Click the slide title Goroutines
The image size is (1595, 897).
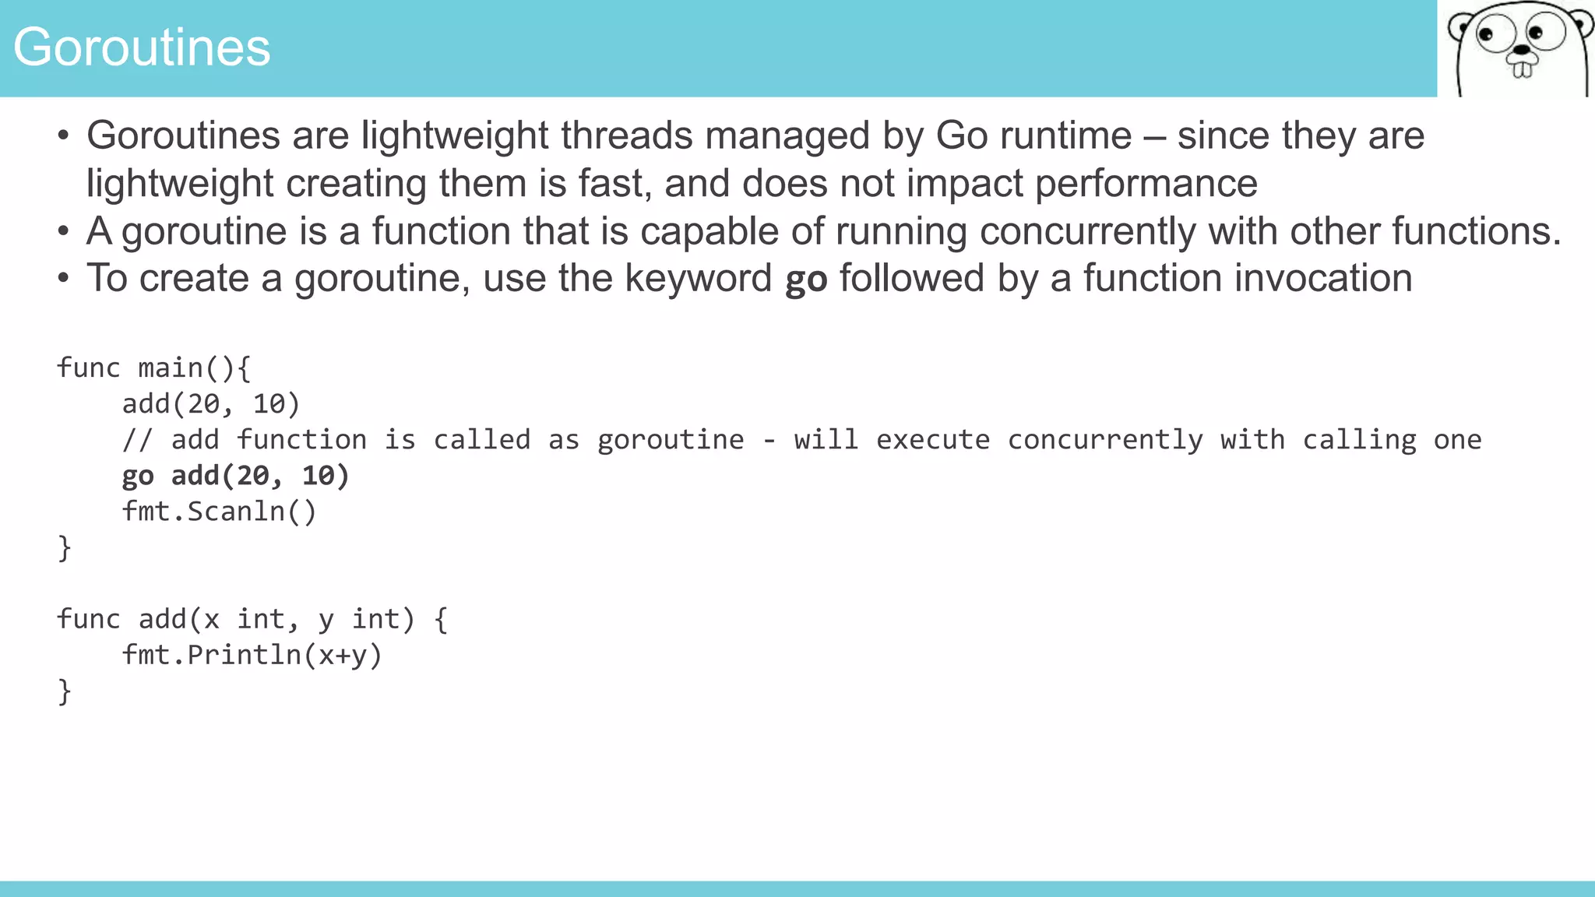(x=142, y=47)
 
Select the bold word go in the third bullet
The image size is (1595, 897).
(x=805, y=280)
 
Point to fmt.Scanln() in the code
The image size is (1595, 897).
(x=220, y=512)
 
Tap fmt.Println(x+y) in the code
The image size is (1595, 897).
(x=252, y=655)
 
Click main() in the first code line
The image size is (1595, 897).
(x=185, y=368)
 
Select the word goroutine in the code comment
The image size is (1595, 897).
(x=671, y=440)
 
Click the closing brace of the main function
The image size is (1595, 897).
(x=65, y=547)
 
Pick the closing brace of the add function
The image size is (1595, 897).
(x=65, y=691)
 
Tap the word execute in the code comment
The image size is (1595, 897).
(x=932, y=440)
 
